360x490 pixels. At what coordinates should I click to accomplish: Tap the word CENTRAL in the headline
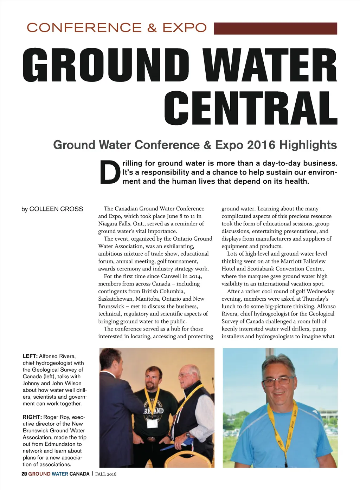coord(250,108)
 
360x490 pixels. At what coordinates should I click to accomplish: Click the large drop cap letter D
coord(110,172)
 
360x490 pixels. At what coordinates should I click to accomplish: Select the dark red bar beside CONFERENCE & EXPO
coord(275,28)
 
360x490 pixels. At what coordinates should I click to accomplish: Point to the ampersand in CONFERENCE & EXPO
coord(152,28)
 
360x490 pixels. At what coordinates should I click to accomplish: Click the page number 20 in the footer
coord(24,474)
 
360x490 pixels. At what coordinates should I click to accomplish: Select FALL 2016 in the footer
coord(106,474)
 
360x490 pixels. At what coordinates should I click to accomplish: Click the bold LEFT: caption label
coord(30,356)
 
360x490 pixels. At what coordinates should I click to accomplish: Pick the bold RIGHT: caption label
coord(32,417)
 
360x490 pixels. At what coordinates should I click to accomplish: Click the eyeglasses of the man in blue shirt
coord(278,381)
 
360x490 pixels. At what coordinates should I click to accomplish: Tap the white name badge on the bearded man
coord(152,423)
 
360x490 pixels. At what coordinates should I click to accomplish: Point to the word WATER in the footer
coord(60,474)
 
